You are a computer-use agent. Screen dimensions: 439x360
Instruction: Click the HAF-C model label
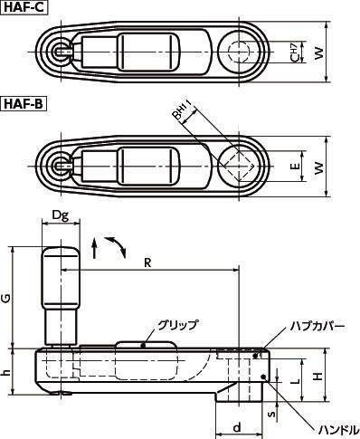point(24,8)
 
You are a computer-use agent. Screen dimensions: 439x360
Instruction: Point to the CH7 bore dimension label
point(295,54)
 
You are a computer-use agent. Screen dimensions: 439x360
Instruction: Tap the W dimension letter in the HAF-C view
point(317,54)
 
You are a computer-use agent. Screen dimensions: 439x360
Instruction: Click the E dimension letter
point(294,167)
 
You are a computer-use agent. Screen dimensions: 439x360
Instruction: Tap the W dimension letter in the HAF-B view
point(317,167)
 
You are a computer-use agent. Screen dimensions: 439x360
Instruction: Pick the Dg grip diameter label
point(62,215)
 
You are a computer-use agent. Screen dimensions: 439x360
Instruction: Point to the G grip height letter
point(7,296)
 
